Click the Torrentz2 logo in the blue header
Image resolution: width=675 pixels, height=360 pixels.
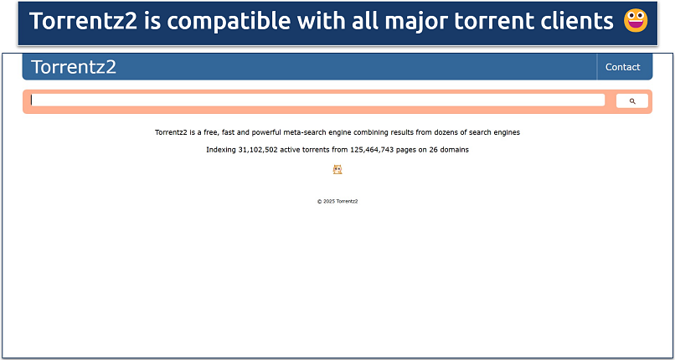point(74,67)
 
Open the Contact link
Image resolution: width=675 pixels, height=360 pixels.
point(622,67)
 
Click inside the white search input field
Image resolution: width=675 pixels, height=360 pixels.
point(318,100)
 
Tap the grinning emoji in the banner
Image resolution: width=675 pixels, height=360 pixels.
point(636,22)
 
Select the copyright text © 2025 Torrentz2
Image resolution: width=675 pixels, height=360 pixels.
point(337,202)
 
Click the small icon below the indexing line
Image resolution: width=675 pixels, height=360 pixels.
point(337,169)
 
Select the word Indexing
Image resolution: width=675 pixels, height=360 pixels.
point(221,150)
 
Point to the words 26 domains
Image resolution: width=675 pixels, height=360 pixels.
point(449,150)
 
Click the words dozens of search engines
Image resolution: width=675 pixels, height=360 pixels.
point(478,132)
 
